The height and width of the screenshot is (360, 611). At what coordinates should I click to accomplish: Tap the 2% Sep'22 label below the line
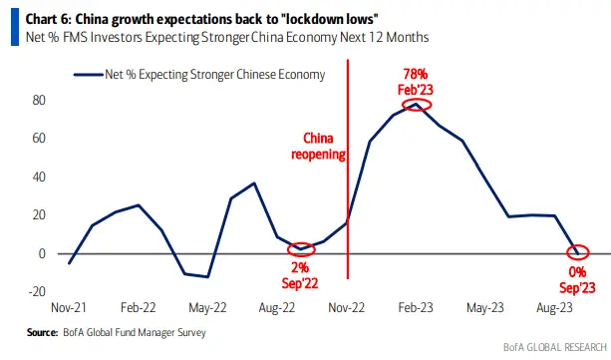click(x=299, y=274)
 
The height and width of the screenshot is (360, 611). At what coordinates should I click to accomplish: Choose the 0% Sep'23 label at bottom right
click(x=576, y=279)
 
